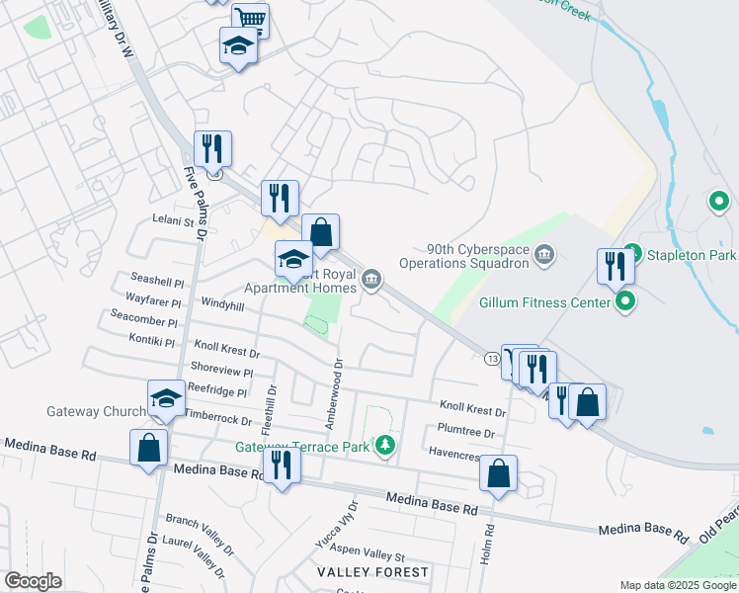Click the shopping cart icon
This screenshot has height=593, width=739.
[x=251, y=19]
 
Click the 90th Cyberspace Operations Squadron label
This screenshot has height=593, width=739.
[x=462, y=257]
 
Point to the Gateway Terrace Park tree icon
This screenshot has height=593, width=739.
[x=387, y=446]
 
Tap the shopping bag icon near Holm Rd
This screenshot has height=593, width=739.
[x=499, y=473]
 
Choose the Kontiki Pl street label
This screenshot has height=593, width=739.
[x=151, y=341]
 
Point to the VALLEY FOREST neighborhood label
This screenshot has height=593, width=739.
[x=372, y=572]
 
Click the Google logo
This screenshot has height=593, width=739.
[x=33, y=581]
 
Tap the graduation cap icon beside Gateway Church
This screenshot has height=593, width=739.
[x=166, y=398]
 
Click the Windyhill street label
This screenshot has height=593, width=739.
[x=221, y=305]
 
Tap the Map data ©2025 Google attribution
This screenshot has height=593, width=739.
[x=677, y=585]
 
